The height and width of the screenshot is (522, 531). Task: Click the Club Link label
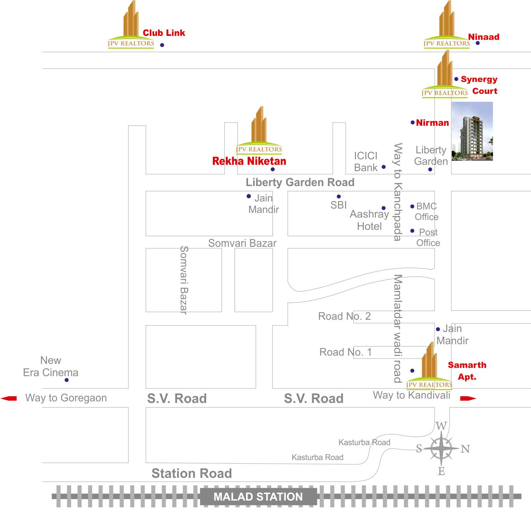[164, 33]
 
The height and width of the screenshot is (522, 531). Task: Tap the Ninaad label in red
[483, 37]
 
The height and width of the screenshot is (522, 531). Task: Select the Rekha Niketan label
[249, 161]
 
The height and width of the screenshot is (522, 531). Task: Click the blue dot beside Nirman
[413, 123]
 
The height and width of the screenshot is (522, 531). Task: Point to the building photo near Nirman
[472, 131]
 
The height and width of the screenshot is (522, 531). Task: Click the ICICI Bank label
[366, 162]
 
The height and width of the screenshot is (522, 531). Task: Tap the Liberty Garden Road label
[300, 182]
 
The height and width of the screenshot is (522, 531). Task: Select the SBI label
[338, 205]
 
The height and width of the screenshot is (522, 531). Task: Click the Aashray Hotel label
[369, 220]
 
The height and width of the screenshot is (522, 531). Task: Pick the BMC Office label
[427, 211]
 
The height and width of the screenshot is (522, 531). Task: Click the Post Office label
[428, 237]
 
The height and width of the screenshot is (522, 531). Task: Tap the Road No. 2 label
[344, 316]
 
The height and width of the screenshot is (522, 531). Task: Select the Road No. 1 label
[345, 352]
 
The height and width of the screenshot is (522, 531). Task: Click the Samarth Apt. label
[467, 371]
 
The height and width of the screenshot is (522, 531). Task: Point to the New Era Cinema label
[50, 366]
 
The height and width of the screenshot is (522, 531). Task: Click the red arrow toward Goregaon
[9, 398]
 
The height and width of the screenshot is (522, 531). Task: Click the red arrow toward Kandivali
[468, 399]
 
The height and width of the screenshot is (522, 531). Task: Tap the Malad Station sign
[258, 497]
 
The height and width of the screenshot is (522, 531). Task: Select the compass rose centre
[441, 449]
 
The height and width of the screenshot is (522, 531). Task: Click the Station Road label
[192, 473]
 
